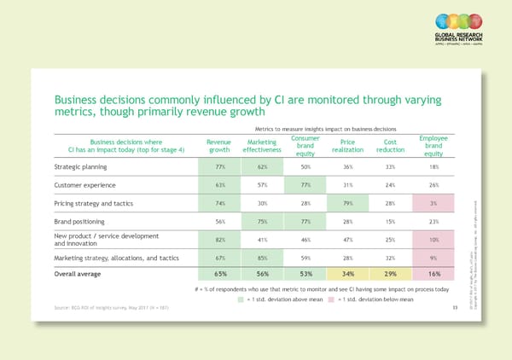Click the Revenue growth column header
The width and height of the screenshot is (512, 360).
220,147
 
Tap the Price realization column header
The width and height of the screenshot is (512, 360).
347,147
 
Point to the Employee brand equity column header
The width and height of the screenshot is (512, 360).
433,146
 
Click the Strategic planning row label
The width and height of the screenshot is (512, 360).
82,167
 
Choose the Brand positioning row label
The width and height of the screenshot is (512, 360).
80,220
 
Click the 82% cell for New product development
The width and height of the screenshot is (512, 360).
220,241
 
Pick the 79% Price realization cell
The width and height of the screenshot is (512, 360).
347,203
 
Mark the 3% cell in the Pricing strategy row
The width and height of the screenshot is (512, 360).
433,203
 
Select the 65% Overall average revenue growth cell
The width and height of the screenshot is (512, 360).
220,274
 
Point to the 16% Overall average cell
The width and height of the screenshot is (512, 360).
433,274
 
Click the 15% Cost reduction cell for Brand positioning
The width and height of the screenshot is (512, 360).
390,220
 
